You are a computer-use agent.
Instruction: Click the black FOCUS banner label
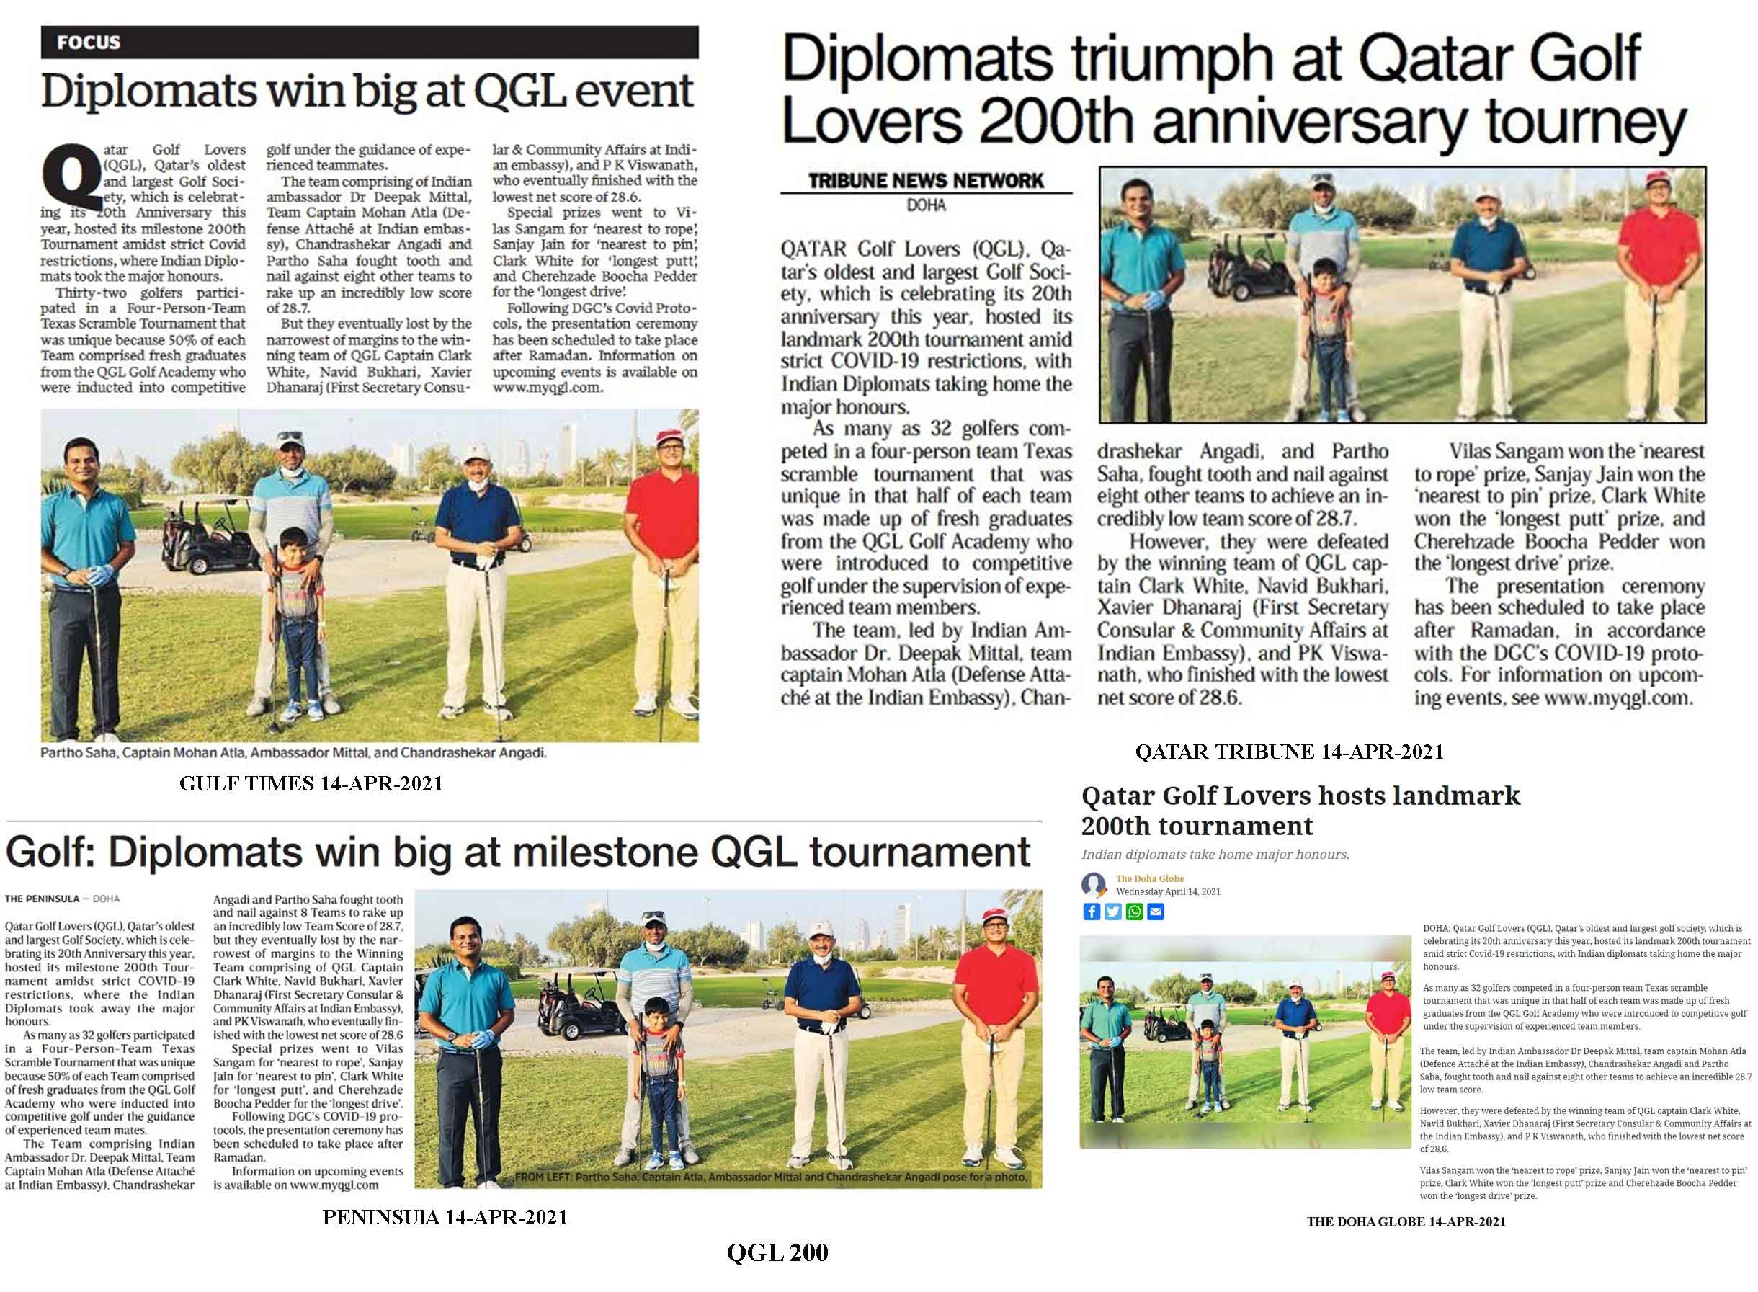pos(89,43)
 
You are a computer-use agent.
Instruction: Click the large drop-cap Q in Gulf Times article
pos(71,177)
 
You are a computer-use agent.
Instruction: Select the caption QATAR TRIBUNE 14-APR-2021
pos(1289,752)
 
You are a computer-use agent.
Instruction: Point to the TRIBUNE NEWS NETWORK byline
pos(925,181)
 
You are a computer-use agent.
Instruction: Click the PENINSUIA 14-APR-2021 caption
pos(445,1217)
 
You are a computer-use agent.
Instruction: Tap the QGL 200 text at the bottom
pos(777,1253)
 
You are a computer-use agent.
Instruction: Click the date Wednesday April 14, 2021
pos(1168,891)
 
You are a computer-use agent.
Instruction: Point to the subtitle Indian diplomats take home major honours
pos(1215,855)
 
